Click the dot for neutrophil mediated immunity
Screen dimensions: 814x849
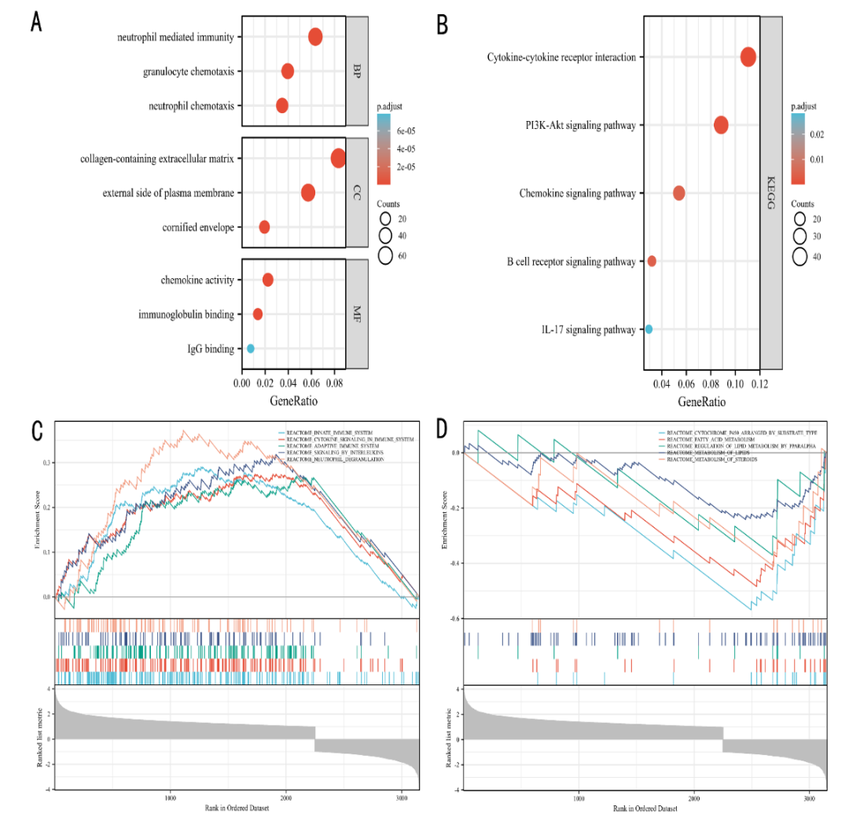click(x=315, y=37)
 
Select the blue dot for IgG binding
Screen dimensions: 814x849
click(x=250, y=348)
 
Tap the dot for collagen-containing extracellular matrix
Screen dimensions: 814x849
click(x=338, y=159)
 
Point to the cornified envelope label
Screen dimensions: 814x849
click(x=198, y=227)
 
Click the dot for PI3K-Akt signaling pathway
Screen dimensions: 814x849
click(x=720, y=125)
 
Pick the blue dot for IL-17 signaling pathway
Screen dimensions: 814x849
click(x=649, y=329)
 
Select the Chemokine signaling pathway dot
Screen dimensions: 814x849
click(x=678, y=193)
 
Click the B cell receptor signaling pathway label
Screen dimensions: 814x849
click(x=572, y=262)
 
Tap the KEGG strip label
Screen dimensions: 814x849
click(x=770, y=192)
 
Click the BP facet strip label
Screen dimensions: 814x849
click(x=357, y=71)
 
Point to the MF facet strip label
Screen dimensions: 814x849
click(x=357, y=314)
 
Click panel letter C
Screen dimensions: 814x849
click(x=36, y=430)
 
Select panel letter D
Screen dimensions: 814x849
click(x=443, y=430)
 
